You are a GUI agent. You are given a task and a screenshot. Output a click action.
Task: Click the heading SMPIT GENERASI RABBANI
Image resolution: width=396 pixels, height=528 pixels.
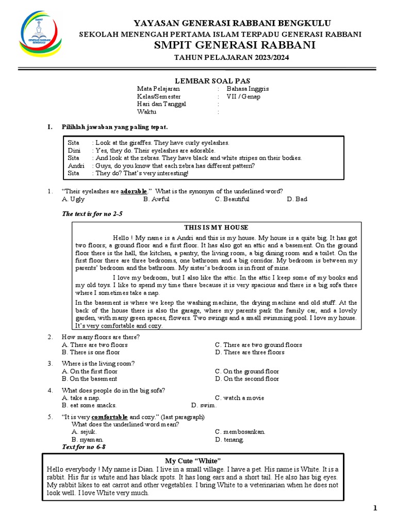click(x=233, y=46)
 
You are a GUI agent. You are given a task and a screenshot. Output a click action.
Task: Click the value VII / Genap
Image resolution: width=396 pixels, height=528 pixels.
click(x=243, y=96)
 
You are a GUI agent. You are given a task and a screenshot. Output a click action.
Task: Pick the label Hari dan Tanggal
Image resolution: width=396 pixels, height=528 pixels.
click(x=161, y=104)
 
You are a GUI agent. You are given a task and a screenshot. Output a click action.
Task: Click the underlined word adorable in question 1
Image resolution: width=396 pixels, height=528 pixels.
click(x=134, y=191)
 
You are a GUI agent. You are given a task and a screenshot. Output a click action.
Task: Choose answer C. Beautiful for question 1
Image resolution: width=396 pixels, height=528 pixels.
click(x=232, y=199)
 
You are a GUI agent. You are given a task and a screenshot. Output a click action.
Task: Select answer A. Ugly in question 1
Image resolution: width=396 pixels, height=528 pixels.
click(x=73, y=199)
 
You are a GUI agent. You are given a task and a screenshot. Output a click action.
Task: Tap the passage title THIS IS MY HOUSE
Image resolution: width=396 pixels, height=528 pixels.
click(x=216, y=227)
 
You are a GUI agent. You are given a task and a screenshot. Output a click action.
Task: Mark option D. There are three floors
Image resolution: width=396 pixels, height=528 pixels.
click(x=250, y=352)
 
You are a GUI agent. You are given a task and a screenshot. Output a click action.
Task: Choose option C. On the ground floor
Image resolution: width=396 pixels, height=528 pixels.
click(x=247, y=371)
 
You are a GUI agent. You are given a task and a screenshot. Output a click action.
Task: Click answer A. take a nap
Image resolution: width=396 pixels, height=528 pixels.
click(x=81, y=398)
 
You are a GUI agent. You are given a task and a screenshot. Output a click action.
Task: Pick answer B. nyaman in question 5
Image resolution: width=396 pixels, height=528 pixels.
click(x=84, y=440)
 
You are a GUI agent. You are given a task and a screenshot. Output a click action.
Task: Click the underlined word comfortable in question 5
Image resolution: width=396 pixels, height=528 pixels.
click(x=110, y=417)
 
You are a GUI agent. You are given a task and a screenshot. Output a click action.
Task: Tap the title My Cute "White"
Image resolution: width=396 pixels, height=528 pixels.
click(x=193, y=460)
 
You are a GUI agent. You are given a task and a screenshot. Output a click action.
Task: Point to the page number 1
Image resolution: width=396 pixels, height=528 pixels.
click(x=375, y=509)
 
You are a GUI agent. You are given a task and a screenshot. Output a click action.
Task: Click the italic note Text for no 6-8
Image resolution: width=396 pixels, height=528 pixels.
click(x=84, y=447)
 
